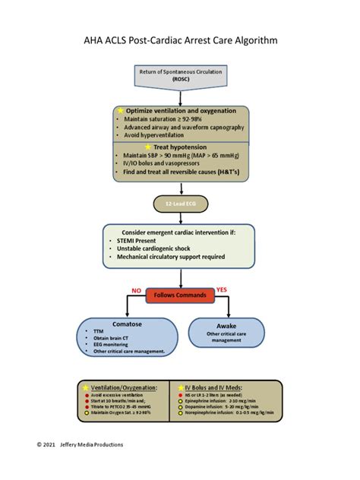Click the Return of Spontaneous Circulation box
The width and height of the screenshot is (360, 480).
pos(179,75)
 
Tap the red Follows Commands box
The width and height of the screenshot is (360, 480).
pos(179,295)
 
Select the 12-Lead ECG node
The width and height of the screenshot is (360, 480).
pos(179,204)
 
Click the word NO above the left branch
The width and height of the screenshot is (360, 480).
pos(137,290)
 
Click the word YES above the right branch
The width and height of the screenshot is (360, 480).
pos(222,290)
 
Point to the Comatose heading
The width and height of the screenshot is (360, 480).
pos(122,324)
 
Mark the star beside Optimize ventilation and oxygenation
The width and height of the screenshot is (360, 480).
pos(120,110)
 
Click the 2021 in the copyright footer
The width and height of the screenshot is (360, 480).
pos(49,444)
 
